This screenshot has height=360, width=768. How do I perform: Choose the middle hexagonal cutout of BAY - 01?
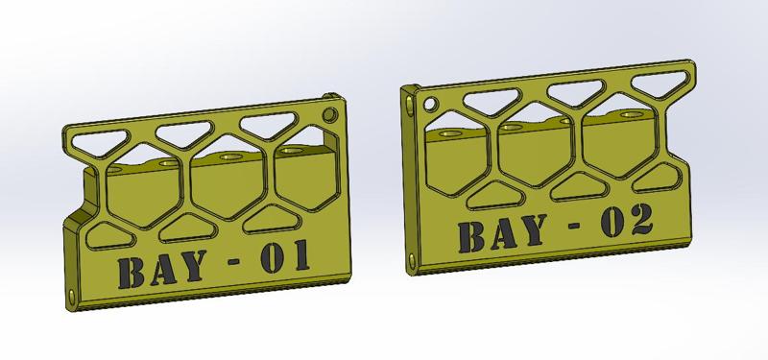(228, 182)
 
